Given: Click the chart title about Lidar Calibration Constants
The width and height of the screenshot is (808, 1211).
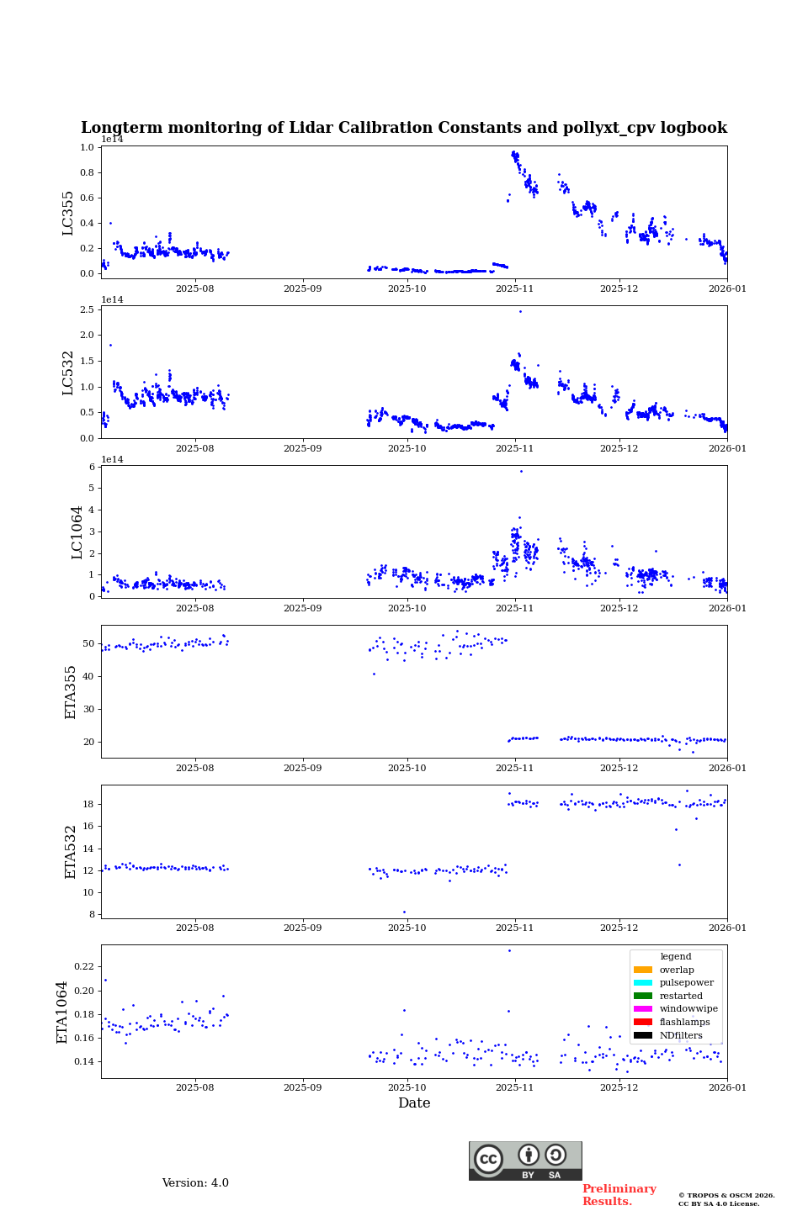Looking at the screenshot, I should click(x=404, y=128).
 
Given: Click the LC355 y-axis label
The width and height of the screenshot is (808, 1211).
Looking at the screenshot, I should click(x=68, y=213).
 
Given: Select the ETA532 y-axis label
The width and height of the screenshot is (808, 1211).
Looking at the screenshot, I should click(x=71, y=851).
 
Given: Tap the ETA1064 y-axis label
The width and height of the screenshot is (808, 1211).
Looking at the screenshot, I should click(x=62, y=1012).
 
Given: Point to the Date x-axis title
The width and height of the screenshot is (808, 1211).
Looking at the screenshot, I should click(x=414, y=1103).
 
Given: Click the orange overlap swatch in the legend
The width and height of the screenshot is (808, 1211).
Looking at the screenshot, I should click(x=643, y=970).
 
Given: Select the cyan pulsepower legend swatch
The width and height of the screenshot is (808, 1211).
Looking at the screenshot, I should click(x=643, y=983).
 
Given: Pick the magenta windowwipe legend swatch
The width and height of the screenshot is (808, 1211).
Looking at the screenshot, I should click(x=643, y=1009).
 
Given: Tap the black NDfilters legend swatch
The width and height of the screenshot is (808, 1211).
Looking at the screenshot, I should click(x=643, y=1035).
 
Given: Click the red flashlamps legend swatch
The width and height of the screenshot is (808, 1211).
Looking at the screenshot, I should click(x=643, y=1023).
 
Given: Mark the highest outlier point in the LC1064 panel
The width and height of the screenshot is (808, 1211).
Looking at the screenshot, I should click(x=521, y=471).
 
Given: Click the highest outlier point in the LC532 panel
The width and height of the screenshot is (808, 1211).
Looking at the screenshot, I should click(x=520, y=311).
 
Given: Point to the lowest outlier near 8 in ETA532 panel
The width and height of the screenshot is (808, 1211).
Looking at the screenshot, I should click(x=404, y=912).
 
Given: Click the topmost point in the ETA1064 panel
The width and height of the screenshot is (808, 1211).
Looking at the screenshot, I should click(x=509, y=950).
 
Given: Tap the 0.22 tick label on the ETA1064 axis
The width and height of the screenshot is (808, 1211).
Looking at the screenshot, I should click(x=84, y=967).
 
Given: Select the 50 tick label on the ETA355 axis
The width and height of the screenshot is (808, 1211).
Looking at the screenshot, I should click(x=89, y=644).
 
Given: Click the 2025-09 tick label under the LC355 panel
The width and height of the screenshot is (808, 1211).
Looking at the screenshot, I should click(x=302, y=288).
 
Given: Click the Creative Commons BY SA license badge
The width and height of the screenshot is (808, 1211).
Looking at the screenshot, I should click(x=525, y=1161).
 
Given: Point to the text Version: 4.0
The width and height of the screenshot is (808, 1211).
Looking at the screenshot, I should click(x=195, y=1183).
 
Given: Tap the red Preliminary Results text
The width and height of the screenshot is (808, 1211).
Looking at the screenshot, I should click(x=619, y=1195).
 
